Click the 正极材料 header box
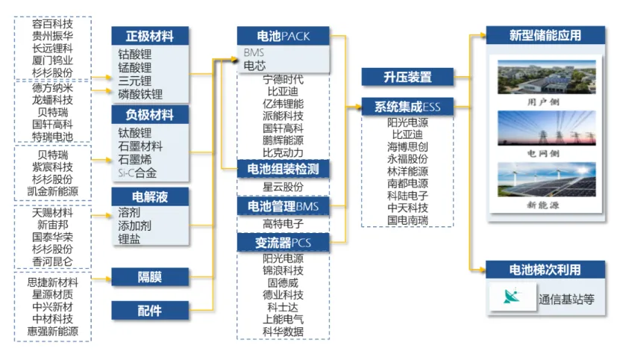point(150,36)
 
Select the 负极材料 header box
point(150,116)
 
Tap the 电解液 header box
point(150,196)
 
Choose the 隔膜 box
point(150,276)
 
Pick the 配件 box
point(150,309)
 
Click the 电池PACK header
point(283,36)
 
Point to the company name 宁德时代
point(283,79)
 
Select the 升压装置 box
point(407,76)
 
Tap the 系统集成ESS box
point(407,107)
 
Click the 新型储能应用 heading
point(545,35)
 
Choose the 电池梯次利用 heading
point(545,270)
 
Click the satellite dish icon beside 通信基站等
point(512,298)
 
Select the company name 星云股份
point(283,187)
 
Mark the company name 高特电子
point(283,223)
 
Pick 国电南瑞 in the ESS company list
point(407,220)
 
